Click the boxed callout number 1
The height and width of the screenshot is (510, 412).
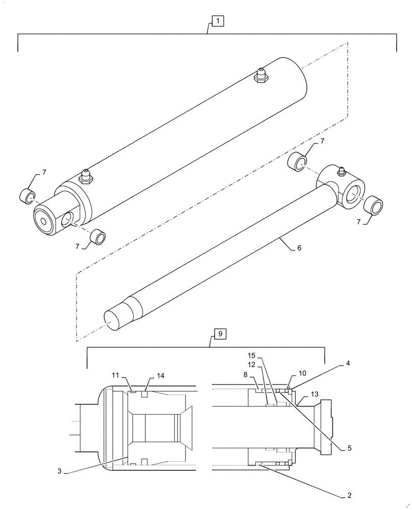point(218,21)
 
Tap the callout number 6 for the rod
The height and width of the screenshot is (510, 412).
point(299,248)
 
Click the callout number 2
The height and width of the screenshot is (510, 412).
point(349,495)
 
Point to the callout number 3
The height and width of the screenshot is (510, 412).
point(60,471)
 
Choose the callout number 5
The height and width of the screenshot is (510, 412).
point(349,448)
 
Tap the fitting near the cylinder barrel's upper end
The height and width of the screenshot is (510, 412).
point(261,75)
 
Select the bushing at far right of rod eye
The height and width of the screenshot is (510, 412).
point(374,206)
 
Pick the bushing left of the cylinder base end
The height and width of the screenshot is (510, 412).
point(28,195)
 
